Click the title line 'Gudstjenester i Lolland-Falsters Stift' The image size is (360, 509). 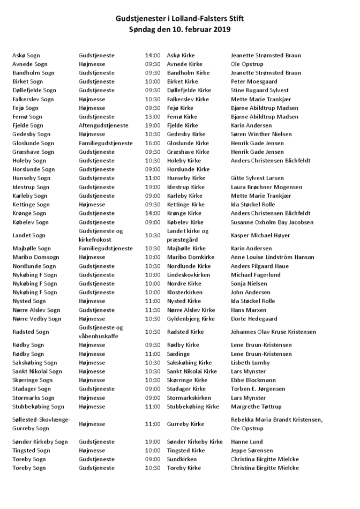click(180, 18)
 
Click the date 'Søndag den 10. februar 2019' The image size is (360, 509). click(180, 29)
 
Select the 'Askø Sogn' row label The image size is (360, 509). click(26, 55)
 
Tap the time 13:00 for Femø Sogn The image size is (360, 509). click(153, 117)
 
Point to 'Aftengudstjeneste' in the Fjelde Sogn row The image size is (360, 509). click(103, 125)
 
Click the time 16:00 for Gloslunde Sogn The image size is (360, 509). click(153, 143)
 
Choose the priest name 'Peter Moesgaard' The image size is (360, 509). click(254, 81)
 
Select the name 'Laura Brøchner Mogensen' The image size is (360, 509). click(266, 187)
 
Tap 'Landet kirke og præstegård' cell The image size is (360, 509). click(188, 235)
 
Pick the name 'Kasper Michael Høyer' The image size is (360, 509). click(260, 235)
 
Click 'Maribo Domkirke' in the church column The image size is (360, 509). click(189, 257)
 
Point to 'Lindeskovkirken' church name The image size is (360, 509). click(189, 275)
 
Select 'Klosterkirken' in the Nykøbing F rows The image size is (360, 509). click(185, 293)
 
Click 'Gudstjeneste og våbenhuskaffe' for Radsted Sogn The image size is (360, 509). click(101, 332)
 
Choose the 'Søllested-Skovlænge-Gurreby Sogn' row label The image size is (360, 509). click(41, 424)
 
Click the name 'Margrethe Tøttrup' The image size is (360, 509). click(256, 407)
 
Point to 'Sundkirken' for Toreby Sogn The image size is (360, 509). click(182, 459)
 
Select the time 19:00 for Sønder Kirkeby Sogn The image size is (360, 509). click(153, 441)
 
